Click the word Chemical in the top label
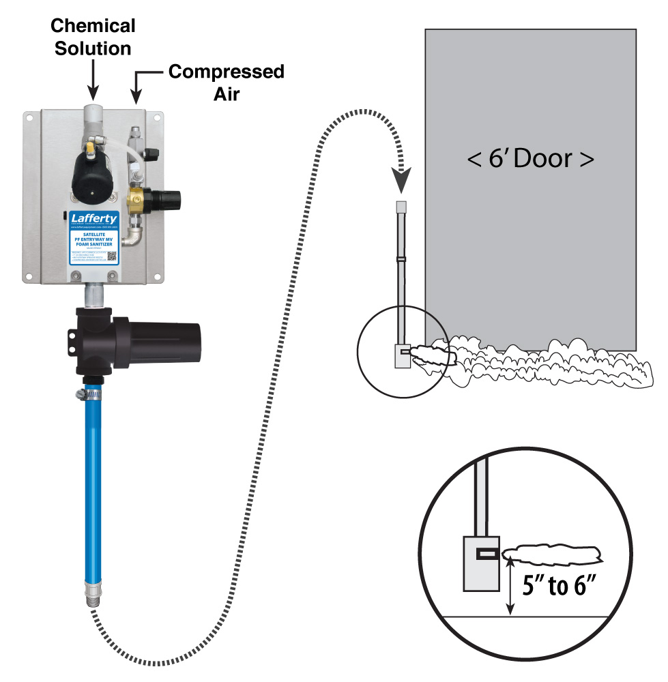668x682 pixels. point(93,27)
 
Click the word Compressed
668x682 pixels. point(226,71)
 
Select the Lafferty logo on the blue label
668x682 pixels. point(94,219)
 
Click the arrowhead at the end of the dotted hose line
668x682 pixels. point(403,185)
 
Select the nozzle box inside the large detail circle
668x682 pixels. point(482,562)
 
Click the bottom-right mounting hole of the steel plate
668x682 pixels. point(158,276)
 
